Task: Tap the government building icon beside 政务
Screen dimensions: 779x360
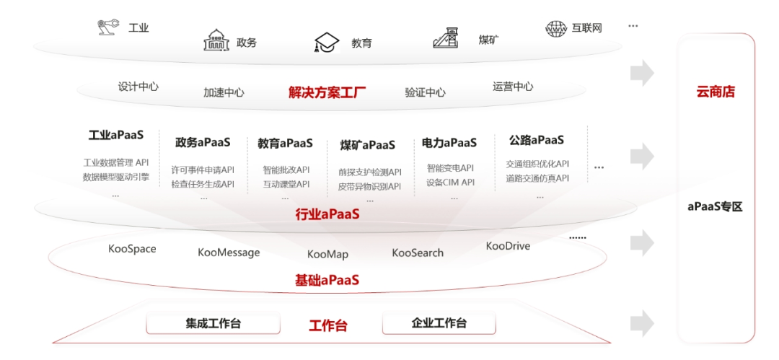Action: (216, 41)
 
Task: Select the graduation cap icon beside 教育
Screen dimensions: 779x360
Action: (327, 43)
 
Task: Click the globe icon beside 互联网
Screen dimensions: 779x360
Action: (556, 28)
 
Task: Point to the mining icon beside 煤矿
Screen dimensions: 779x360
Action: (446, 38)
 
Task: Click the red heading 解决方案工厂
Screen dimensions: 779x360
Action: (327, 92)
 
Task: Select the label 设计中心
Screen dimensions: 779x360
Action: (138, 87)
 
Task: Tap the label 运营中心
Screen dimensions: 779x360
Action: (513, 87)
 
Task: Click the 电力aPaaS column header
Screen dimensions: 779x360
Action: (449, 143)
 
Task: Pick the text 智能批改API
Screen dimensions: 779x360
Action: (286, 170)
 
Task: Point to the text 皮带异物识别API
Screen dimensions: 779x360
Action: (369, 187)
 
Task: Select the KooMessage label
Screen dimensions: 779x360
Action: (229, 253)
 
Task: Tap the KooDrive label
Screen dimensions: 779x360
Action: (508, 246)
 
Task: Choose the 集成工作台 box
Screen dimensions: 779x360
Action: (213, 323)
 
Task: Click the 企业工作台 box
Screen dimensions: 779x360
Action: (439, 323)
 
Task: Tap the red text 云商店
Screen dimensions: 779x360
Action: (716, 92)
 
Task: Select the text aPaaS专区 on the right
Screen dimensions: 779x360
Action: (715, 207)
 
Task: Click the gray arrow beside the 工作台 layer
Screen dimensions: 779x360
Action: (642, 322)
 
